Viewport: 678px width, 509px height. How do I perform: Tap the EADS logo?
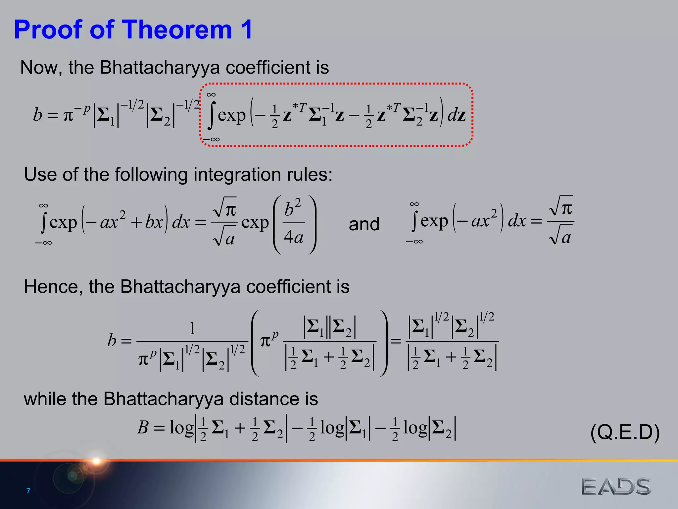click(x=616, y=486)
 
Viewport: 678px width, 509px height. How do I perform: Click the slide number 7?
click(x=28, y=491)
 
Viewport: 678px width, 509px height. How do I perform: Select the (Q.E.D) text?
click(x=625, y=432)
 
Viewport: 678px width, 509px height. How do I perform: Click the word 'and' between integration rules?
click(x=364, y=224)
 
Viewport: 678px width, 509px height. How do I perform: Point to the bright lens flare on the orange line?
click(x=96, y=461)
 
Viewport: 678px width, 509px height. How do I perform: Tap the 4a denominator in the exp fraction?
click(x=294, y=237)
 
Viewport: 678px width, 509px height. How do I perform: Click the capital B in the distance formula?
click(x=143, y=427)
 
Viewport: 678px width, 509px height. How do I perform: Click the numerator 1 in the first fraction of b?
click(x=192, y=328)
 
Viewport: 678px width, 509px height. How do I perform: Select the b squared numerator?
click(x=292, y=208)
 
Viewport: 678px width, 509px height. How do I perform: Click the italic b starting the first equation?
click(x=37, y=115)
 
